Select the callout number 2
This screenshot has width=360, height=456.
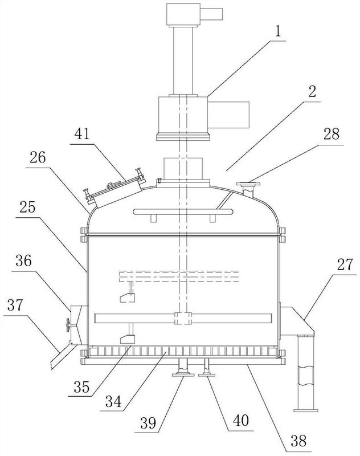312,92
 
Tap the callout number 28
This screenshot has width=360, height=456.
332,135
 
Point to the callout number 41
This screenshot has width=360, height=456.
83,135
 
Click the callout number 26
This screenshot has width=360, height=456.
37,158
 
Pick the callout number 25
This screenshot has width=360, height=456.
27,208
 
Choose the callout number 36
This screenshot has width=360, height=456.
23,261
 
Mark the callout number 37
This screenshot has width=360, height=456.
15,306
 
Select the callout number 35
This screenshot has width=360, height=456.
81,387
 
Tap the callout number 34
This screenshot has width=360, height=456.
113,402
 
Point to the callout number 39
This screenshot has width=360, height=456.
148,423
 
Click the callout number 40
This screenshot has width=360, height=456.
241,421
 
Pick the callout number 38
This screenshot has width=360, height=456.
298,441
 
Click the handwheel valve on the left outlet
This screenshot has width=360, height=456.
68,324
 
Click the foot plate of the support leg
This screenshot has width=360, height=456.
306,410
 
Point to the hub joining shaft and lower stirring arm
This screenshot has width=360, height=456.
183,318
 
